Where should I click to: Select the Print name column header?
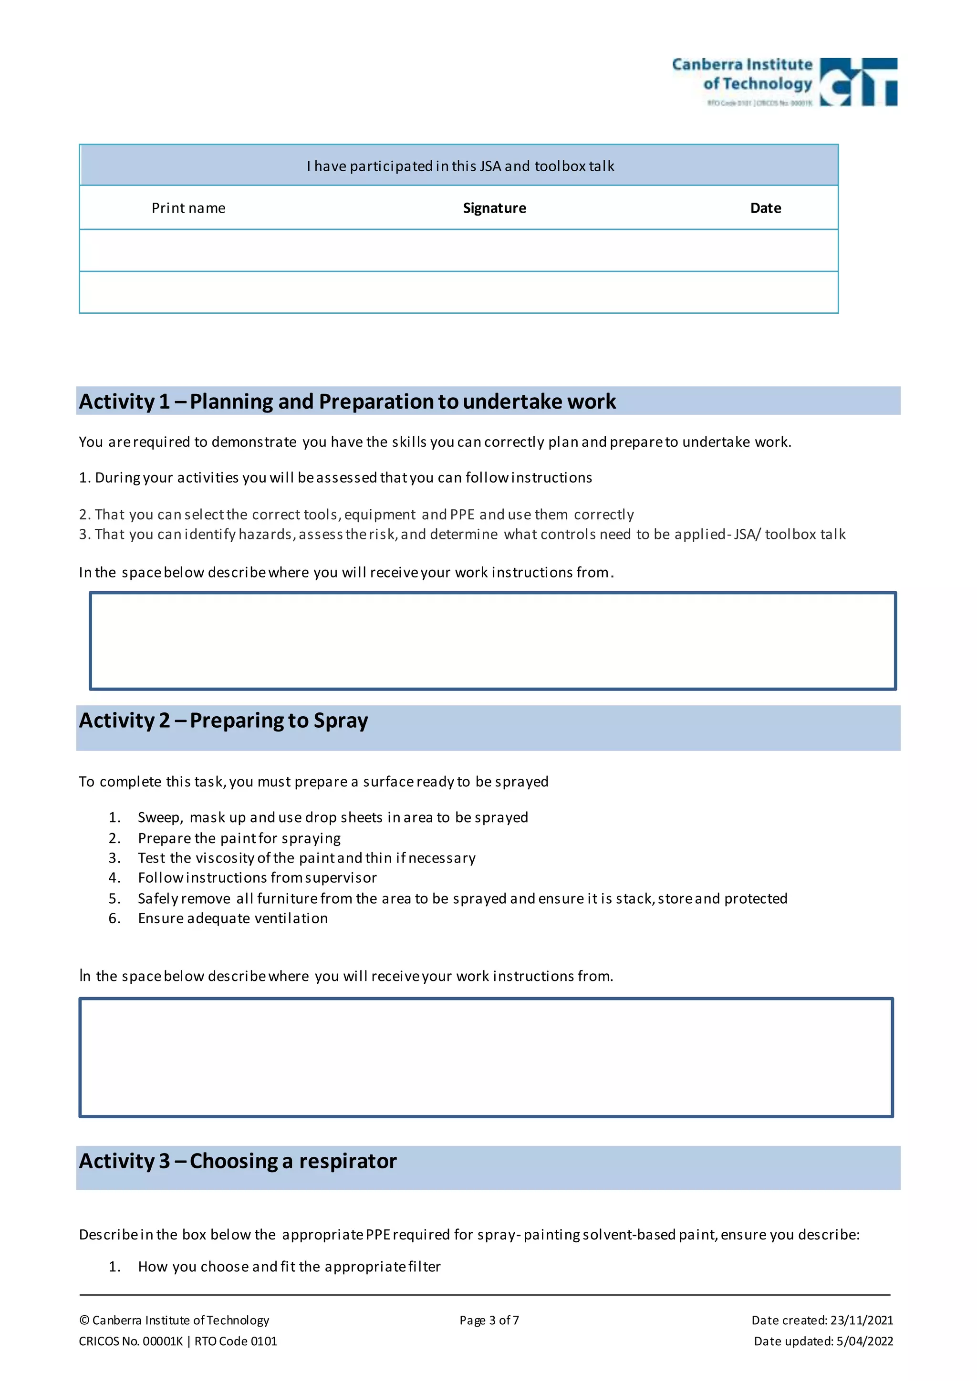pos(188,208)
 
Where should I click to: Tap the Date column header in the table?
pos(765,208)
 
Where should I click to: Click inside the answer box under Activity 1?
pos(492,640)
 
